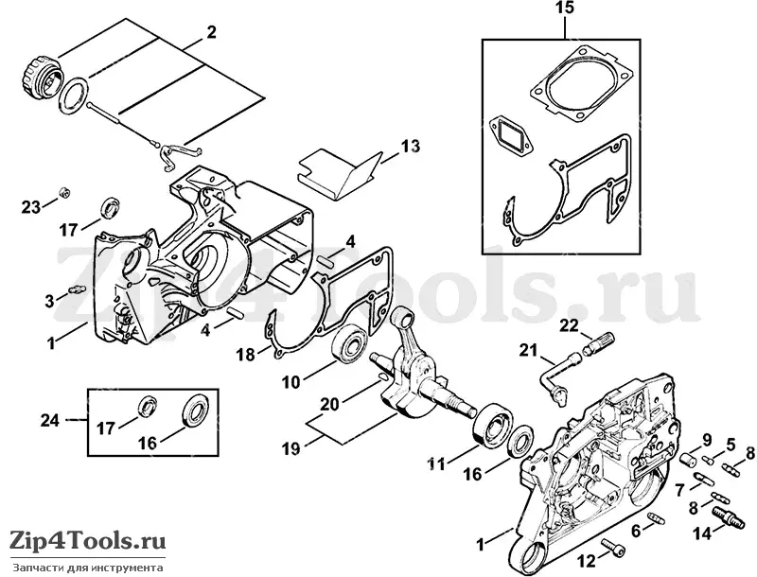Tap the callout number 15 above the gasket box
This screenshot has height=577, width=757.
[x=565, y=8]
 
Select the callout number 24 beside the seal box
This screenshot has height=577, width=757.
[x=50, y=420]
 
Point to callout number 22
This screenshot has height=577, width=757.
[x=570, y=325]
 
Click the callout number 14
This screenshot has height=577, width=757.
[x=702, y=533]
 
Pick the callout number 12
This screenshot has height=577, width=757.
[x=587, y=561]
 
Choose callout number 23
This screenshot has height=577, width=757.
[x=31, y=207]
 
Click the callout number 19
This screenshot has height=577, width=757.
[x=290, y=449]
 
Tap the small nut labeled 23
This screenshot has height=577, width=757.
[x=62, y=193]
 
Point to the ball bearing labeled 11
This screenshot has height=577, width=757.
[x=494, y=422]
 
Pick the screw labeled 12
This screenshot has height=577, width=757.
[x=612, y=547]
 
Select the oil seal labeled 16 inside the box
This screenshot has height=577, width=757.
[x=197, y=410]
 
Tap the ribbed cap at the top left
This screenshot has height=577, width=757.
[x=43, y=76]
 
